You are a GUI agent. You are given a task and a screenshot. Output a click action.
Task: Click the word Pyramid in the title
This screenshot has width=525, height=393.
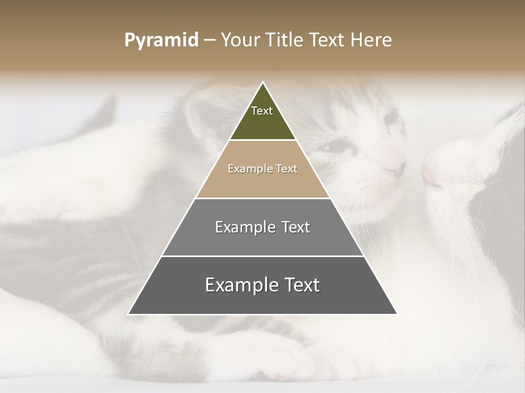click(x=161, y=40)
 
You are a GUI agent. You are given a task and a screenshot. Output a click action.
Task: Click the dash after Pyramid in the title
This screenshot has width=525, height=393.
click(x=209, y=41)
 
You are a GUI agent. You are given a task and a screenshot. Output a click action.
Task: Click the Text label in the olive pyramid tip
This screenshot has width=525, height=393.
click(x=262, y=111)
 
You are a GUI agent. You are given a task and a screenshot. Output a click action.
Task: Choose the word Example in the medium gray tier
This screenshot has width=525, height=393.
click(x=245, y=227)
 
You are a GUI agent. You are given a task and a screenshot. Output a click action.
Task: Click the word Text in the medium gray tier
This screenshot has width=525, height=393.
click(x=296, y=227)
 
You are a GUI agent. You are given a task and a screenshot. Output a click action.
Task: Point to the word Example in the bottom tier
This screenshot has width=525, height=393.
click(x=241, y=285)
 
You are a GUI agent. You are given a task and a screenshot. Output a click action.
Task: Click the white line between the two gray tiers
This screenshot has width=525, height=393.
click(x=262, y=256)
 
